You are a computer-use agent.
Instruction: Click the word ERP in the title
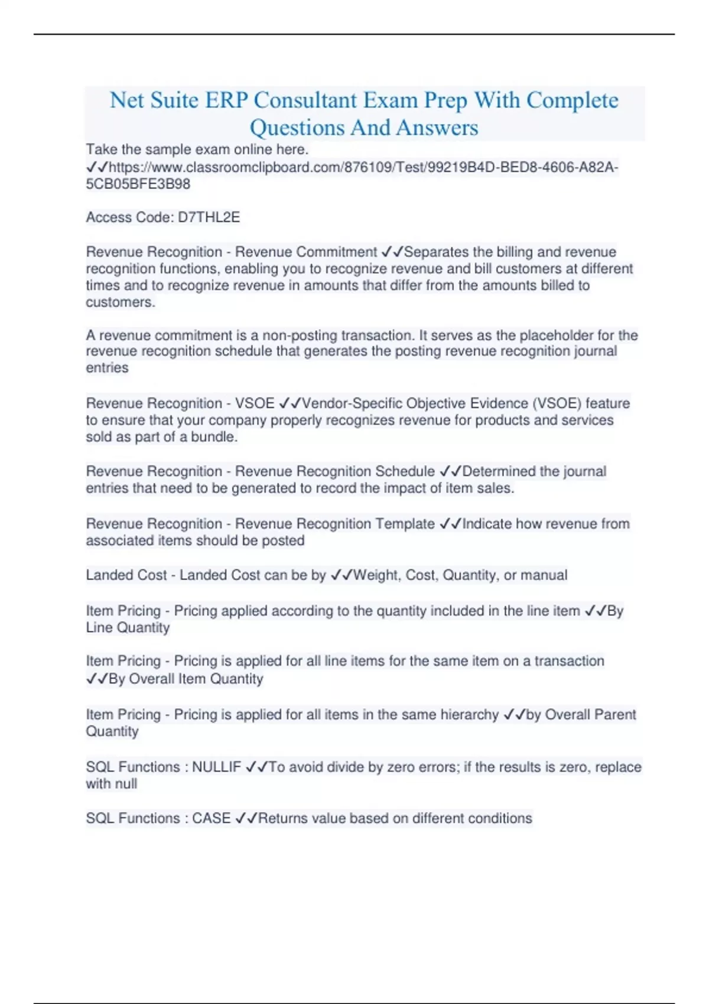(x=226, y=100)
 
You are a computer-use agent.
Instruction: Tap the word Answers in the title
(x=437, y=128)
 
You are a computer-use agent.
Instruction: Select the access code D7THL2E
(x=209, y=217)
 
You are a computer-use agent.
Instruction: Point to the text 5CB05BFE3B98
(x=138, y=184)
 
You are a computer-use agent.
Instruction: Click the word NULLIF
(x=216, y=767)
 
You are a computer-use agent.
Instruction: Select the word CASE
(x=211, y=819)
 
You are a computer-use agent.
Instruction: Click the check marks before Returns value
(x=246, y=819)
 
